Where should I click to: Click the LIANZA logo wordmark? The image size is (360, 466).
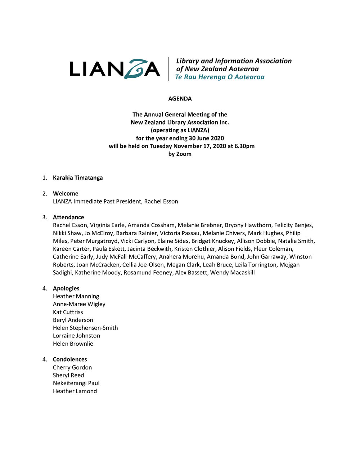point(115,69)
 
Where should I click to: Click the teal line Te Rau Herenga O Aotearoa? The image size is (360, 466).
point(220,77)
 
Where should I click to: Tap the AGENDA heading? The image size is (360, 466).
point(180,99)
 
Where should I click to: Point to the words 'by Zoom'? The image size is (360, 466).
point(180,154)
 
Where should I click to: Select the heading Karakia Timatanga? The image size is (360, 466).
point(78,178)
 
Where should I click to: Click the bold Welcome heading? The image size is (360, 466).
point(66,193)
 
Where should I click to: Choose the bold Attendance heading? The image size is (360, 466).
point(68,217)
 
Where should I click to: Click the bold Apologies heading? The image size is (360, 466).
point(66,288)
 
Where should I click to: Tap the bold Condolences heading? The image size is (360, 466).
point(70,359)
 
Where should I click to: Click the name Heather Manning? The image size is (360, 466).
point(76,296)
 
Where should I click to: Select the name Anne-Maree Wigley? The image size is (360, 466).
point(79,304)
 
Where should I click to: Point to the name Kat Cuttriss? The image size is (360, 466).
point(68,312)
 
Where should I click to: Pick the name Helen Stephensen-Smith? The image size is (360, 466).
point(85,328)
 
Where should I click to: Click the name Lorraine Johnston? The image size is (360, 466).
point(76,336)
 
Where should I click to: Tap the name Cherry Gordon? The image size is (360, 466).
point(72,367)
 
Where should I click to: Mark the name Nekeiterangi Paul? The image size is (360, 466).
point(76,383)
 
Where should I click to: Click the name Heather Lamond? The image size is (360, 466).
point(75,391)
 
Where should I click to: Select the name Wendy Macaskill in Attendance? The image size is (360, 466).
point(233,273)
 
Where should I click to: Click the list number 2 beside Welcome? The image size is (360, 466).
point(44,193)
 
